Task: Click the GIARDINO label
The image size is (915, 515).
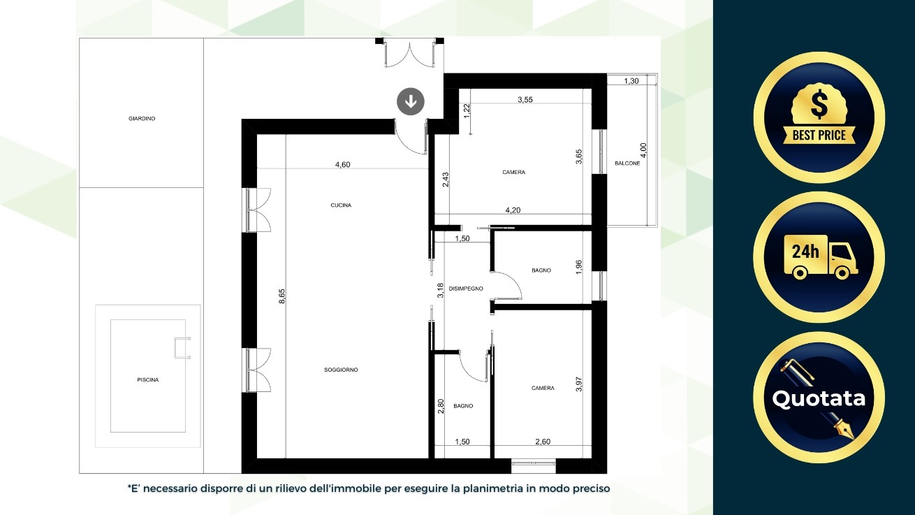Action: [x=142, y=119]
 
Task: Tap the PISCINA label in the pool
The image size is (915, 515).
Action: [x=148, y=379]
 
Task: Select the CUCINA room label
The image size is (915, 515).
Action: [x=341, y=205]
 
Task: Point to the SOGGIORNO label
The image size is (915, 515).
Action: [x=341, y=370]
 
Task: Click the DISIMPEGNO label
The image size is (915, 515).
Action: [x=466, y=289]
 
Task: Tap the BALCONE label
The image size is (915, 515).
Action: [x=627, y=163]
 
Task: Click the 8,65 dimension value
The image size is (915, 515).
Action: [x=282, y=296]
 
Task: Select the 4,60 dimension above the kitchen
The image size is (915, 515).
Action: [x=343, y=165]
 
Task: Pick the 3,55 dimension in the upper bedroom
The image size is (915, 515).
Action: [x=525, y=100]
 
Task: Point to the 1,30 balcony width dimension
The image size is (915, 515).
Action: [x=631, y=81]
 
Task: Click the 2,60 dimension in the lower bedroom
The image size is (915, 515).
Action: [x=543, y=442]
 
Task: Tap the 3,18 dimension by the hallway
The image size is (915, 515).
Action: [x=440, y=291]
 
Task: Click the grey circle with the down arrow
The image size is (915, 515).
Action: [x=411, y=101]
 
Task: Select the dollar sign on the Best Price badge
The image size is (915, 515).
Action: [x=819, y=104]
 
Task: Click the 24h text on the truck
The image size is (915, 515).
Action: [x=805, y=252]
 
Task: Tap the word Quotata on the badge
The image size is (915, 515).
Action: [x=819, y=398]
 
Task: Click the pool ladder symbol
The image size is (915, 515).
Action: [x=182, y=348]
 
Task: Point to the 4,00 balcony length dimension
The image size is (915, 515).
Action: [x=643, y=150]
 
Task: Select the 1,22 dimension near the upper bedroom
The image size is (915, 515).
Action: [x=467, y=111]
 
